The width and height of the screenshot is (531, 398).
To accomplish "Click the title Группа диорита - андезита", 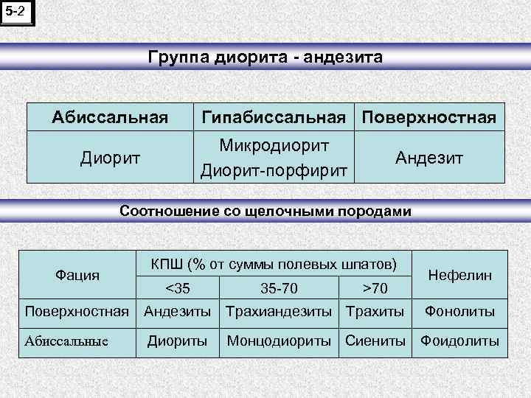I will [x=265, y=57].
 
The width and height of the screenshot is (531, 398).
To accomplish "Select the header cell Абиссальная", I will [x=109, y=117].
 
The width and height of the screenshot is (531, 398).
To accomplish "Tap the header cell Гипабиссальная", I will [x=273, y=117].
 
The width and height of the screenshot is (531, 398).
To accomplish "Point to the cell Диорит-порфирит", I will [x=274, y=170].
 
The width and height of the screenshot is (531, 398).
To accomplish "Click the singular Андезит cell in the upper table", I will [x=429, y=157].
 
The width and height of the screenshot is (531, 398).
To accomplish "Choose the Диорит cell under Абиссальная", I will [x=109, y=157].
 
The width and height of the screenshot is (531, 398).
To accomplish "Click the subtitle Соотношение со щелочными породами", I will [x=265, y=212].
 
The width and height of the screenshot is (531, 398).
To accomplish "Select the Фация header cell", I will [x=77, y=275].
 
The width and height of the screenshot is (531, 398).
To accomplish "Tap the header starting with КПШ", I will [x=274, y=263].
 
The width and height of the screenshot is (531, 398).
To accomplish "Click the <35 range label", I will [x=176, y=287].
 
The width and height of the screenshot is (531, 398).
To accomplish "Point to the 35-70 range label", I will [x=280, y=287].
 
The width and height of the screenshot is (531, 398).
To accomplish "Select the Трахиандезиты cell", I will [x=278, y=312].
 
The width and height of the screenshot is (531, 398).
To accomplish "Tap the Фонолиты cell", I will [x=459, y=312].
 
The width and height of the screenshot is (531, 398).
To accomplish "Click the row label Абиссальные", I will [x=66, y=341].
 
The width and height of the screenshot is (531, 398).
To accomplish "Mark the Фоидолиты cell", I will [x=459, y=341].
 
